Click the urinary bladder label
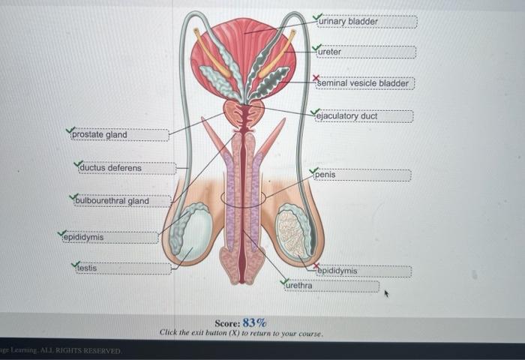click(x=349, y=22)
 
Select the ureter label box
click(x=330, y=52)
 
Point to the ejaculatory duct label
click(x=346, y=116)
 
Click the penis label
click(x=326, y=175)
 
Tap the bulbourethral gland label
click(x=112, y=201)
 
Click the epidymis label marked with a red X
click(x=337, y=271)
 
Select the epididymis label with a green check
click(x=83, y=238)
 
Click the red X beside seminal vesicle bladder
click(x=316, y=78)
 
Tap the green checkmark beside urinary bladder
click(x=318, y=16)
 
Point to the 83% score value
click(x=255, y=322)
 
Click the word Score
click(x=227, y=322)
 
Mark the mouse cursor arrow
click(x=387, y=294)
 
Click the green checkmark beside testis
click(x=75, y=264)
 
